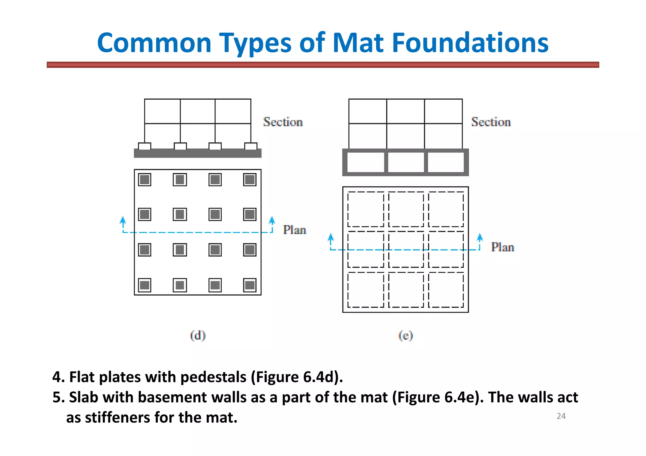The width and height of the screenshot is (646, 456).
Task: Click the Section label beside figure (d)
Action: (x=283, y=122)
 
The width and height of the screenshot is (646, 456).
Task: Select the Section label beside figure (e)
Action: (x=491, y=122)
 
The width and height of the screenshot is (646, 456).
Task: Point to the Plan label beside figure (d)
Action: (x=294, y=230)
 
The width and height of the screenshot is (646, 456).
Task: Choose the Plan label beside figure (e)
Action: (x=502, y=247)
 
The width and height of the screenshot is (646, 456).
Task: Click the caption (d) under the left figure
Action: (x=198, y=335)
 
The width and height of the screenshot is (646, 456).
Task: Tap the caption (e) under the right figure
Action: (x=406, y=336)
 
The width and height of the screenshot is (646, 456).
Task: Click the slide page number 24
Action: (x=561, y=416)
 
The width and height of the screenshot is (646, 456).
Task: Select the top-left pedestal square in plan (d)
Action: (x=145, y=180)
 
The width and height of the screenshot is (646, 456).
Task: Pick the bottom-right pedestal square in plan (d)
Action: (x=250, y=285)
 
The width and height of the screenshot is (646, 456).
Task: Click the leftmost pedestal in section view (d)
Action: (x=145, y=146)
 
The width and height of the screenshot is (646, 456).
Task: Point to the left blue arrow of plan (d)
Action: (x=123, y=221)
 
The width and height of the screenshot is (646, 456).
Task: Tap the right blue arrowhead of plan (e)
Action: (x=480, y=237)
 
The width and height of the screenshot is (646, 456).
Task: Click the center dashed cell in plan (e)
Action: (x=406, y=249)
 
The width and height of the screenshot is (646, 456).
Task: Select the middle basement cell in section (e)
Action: (x=406, y=162)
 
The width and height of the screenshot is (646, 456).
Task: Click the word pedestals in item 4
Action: (x=213, y=377)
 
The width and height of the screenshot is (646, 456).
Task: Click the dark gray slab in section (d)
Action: (x=198, y=153)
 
